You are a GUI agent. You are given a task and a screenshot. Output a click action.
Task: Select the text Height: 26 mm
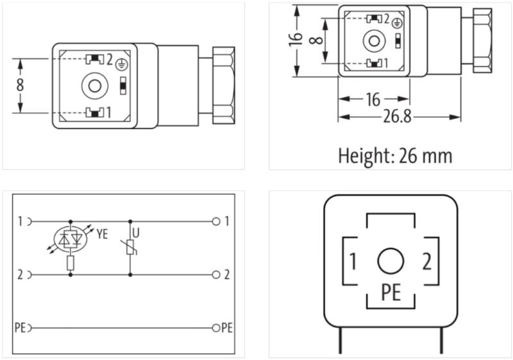pos(395,155)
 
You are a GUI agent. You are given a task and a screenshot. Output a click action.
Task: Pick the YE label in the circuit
pos(101,235)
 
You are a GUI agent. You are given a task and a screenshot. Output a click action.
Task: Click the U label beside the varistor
pos(135,232)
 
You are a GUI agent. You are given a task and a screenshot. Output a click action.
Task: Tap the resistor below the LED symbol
pos(70,262)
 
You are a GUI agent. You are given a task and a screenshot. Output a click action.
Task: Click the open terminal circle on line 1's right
pos(217,222)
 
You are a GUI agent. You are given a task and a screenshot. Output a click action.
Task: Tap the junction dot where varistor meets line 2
pos(131,275)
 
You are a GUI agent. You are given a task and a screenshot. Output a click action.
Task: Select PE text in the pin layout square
pos(391,293)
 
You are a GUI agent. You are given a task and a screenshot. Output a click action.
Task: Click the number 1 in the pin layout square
pos(353,262)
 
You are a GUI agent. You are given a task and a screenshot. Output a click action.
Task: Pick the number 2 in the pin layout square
pos(426,262)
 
